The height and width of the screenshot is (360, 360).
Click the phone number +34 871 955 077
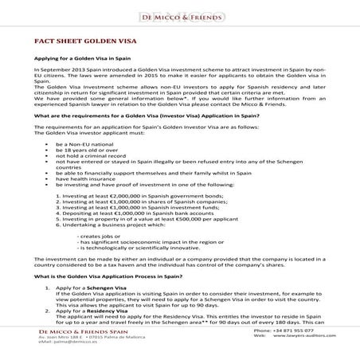pos(295,352)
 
